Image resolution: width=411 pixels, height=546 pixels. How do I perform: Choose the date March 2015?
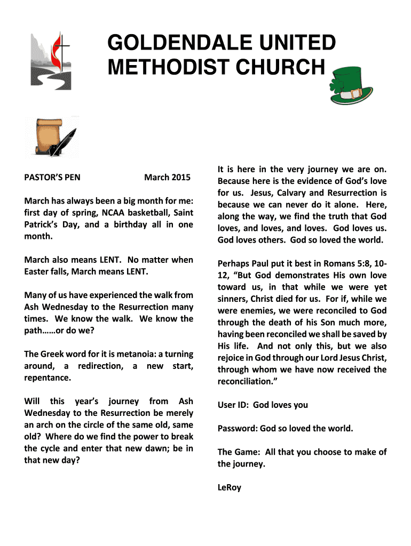[x=167, y=178]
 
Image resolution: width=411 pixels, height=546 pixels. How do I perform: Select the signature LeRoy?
[x=229, y=487]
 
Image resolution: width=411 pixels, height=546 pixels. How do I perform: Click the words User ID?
[x=233, y=405]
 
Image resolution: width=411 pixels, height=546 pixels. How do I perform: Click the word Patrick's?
[x=42, y=224]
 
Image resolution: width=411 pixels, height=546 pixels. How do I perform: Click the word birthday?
[x=128, y=224]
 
